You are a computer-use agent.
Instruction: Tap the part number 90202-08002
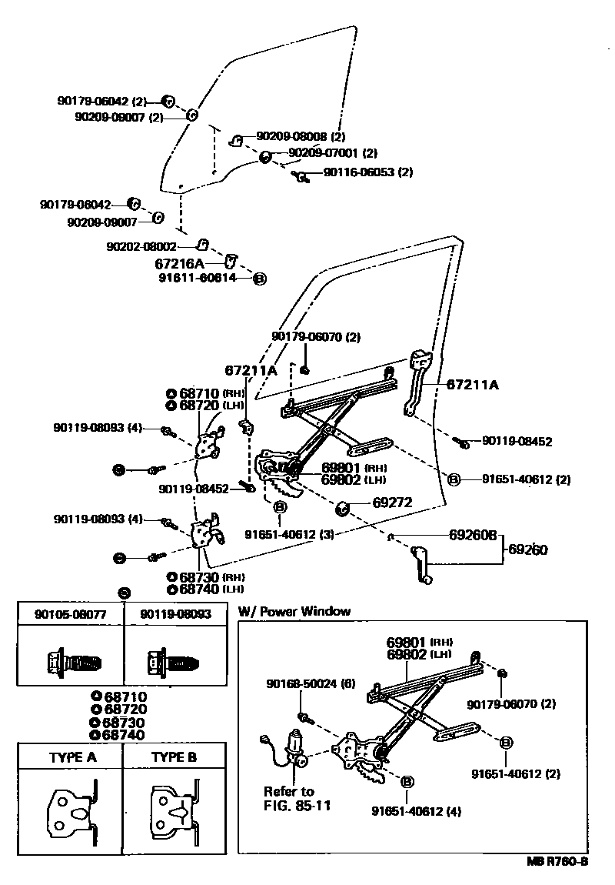[141, 247]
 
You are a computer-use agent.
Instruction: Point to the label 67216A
[180, 262]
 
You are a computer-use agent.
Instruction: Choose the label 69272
[393, 503]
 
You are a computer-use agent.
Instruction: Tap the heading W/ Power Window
[294, 611]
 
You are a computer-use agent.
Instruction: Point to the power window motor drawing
[294, 746]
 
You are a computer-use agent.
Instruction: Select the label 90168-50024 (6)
[311, 683]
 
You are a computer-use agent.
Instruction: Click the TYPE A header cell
[72, 757]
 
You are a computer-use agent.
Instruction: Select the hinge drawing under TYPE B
[175, 812]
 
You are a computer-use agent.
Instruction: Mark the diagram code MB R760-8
[557, 861]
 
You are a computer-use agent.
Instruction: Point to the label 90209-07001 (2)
[333, 153]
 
